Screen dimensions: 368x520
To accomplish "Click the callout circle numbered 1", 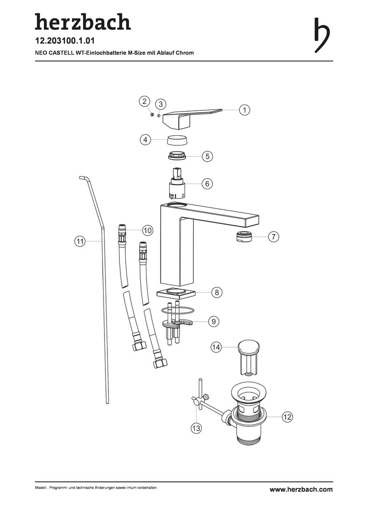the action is [x=245, y=110].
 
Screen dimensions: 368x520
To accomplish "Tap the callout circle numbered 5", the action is [x=208, y=156].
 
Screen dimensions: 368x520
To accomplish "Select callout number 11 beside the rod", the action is [x=79, y=241].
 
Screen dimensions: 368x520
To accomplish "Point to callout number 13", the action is [x=196, y=428].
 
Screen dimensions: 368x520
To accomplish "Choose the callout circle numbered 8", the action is [x=217, y=292].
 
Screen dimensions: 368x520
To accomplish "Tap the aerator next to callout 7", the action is [x=244, y=236].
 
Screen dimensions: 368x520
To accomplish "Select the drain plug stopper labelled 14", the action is [x=248, y=357].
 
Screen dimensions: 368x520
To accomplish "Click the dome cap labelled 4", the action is [x=178, y=140].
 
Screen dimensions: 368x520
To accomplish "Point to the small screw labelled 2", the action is [x=152, y=114].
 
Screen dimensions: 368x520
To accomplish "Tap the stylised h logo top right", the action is [x=322, y=35].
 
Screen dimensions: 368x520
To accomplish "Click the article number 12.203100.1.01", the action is [x=65, y=41].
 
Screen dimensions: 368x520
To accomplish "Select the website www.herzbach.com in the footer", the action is [x=301, y=489].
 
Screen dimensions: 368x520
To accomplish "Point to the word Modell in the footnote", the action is [x=40, y=488].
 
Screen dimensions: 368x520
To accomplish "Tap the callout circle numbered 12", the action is [x=288, y=416].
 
